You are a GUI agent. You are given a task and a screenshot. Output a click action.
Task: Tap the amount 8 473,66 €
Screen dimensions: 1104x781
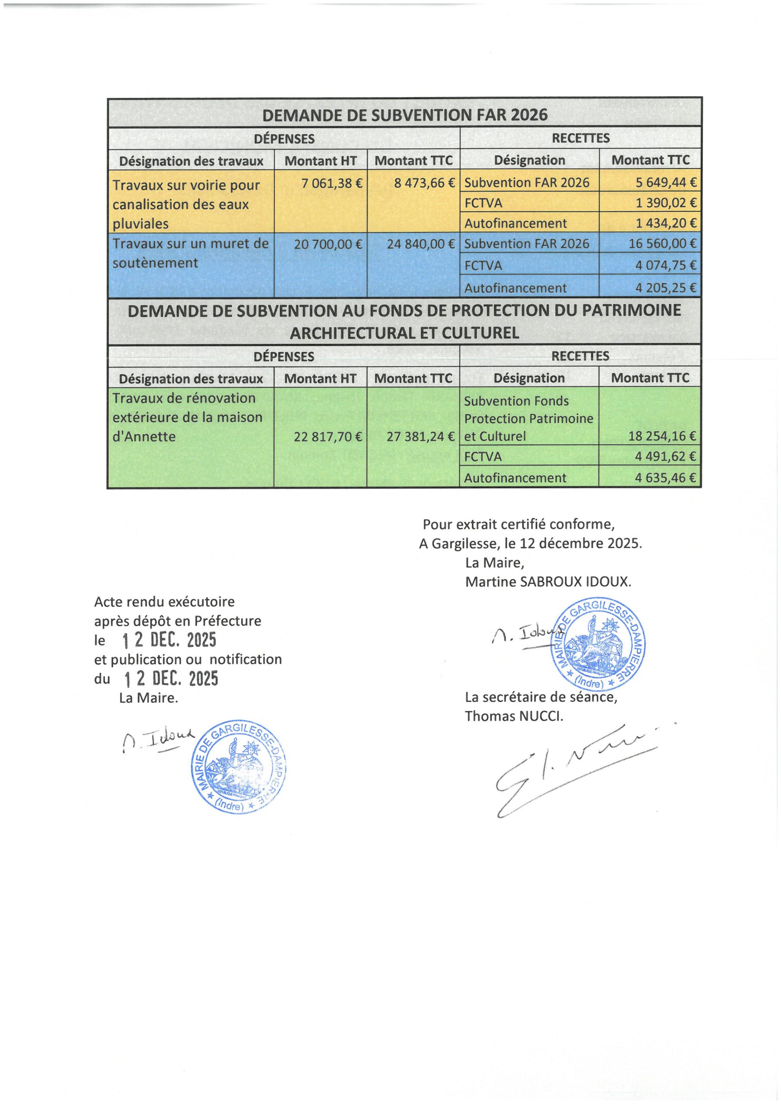coord(425,183)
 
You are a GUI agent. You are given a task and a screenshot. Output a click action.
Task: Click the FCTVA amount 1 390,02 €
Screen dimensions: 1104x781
coord(666,203)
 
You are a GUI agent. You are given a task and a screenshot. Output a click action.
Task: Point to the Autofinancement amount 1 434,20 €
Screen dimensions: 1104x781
coord(666,223)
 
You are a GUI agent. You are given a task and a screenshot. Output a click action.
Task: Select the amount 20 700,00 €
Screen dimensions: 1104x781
coord(328,244)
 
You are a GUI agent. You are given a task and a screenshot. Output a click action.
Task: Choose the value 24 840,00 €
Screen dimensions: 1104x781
coord(421,244)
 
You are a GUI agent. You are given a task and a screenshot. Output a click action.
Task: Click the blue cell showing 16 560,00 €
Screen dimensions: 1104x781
coord(663,244)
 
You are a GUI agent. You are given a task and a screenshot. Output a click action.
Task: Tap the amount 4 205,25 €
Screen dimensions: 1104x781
coord(666,288)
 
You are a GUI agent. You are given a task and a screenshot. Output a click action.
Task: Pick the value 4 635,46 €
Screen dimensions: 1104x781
coord(666,478)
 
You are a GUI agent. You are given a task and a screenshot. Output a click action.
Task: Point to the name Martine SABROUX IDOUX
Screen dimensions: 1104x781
coord(548,582)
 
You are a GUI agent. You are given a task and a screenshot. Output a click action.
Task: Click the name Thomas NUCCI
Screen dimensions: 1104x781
coord(513,716)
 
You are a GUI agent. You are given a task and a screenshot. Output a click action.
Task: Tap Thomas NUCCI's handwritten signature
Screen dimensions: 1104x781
coord(568,769)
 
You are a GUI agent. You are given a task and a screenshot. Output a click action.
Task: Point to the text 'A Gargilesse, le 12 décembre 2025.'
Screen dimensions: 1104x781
coord(530,543)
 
